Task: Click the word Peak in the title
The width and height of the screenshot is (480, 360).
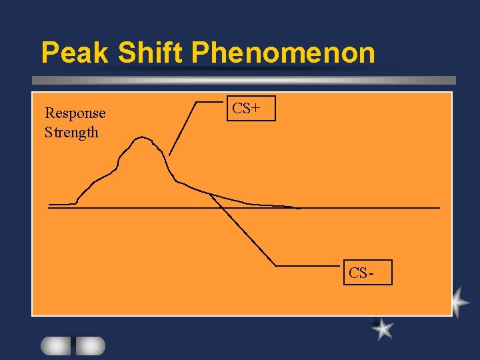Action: point(73,52)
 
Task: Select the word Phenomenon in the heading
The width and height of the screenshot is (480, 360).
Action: point(283,52)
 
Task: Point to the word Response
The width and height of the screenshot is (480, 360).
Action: point(75,113)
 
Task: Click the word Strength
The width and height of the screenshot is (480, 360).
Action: point(71,132)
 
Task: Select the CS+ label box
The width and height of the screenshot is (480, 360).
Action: point(251,109)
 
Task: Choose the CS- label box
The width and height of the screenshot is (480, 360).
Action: point(367,272)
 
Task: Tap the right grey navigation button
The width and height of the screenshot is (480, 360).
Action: point(90,345)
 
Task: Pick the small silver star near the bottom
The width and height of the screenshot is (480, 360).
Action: point(382,328)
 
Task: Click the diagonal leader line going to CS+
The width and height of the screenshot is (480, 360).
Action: point(183,127)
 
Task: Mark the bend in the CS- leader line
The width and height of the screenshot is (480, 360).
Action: point(275,266)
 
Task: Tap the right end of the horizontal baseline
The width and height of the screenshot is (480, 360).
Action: point(439,208)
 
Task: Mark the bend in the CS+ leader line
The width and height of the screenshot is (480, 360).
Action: point(197,101)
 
